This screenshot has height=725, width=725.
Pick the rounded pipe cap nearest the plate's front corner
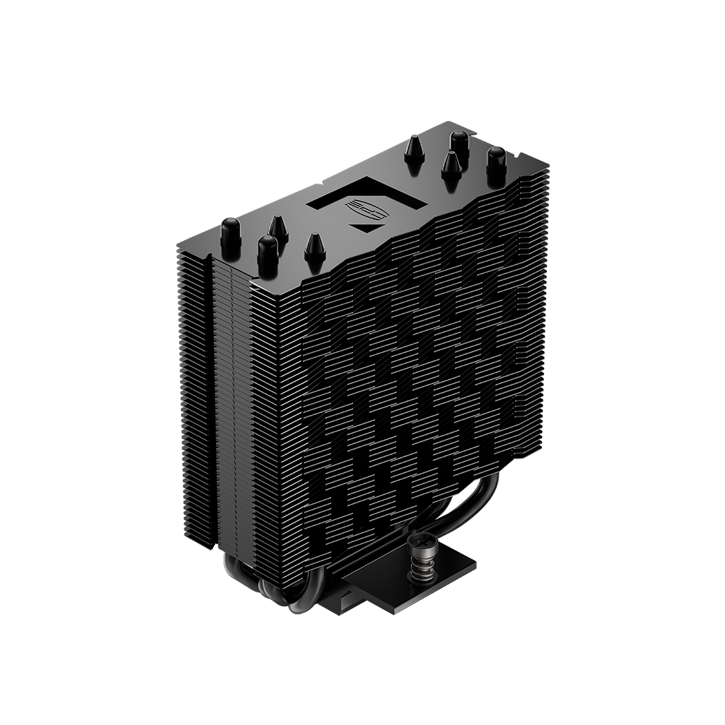pyautogui.click(x=267, y=252)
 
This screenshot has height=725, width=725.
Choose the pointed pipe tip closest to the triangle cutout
pyautogui.click(x=315, y=246)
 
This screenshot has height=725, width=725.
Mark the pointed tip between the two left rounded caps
pyautogui.click(x=278, y=229)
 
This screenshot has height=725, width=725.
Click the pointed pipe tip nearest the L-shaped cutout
pyautogui.click(x=414, y=149)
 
